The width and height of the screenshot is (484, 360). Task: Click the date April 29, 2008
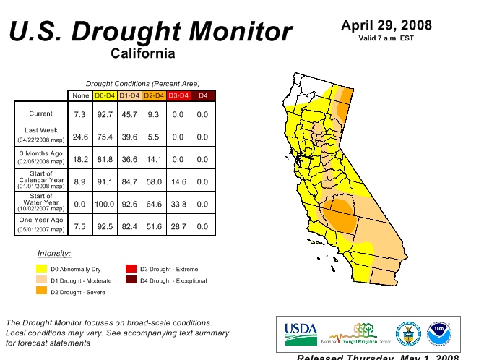click(x=386, y=26)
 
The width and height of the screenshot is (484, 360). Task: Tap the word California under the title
click(x=143, y=53)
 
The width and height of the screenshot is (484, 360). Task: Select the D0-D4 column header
click(x=105, y=95)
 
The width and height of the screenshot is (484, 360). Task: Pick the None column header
click(x=80, y=95)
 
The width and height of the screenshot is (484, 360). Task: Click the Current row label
click(x=40, y=114)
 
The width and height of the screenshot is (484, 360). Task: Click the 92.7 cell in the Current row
click(x=105, y=114)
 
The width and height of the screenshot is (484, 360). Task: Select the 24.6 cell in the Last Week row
click(x=80, y=137)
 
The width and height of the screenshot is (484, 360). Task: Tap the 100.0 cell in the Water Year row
click(x=105, y=204)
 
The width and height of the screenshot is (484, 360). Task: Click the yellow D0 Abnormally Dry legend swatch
click(x=42, y=269)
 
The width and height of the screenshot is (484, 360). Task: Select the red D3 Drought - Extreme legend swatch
click(x=131, y=269)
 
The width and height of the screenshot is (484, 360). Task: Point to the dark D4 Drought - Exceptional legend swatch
click(x=131, y=280)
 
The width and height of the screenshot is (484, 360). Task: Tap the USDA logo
click(x=301, y=333)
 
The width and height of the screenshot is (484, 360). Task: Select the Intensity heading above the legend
click(x=54, y=253)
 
